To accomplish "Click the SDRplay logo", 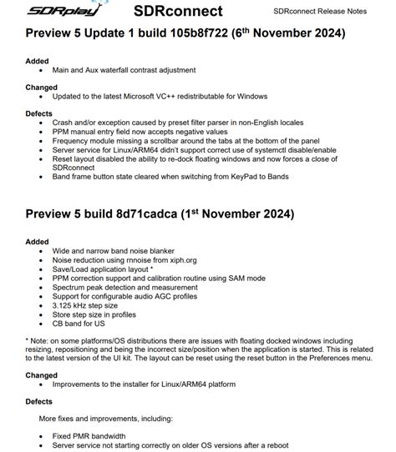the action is point(51,12).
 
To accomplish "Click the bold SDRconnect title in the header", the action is point(177,12).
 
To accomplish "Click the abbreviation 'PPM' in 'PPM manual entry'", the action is point(63,130).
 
